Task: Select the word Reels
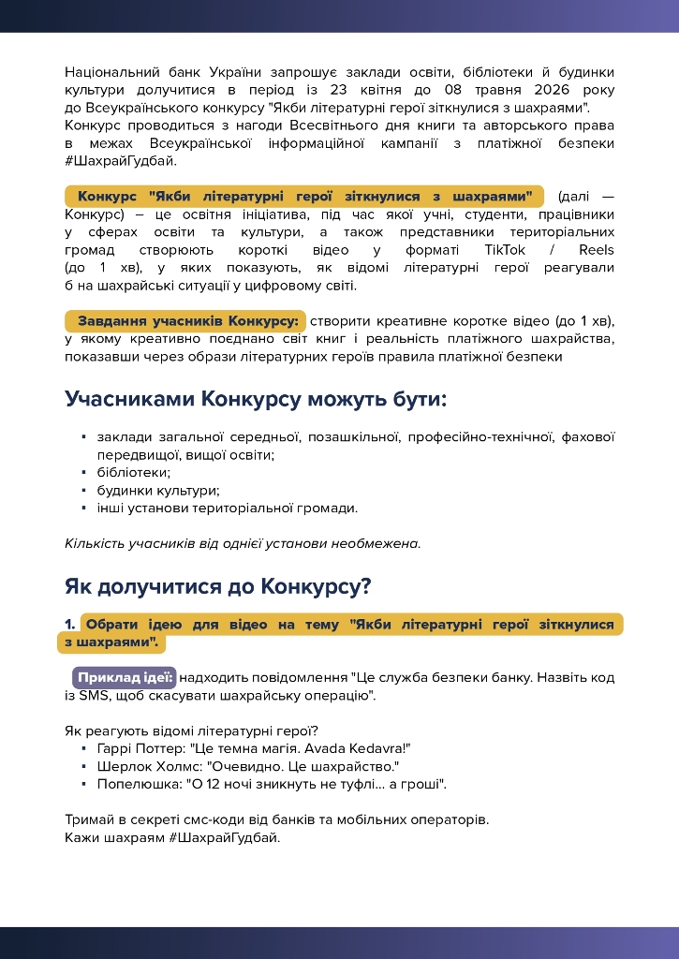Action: coord(597,250)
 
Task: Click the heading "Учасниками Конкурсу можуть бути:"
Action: coord(256,399)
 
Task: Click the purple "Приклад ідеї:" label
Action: coord(125,677)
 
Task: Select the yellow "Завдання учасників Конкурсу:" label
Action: coord(186,321)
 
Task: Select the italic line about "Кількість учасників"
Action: coord(243,543)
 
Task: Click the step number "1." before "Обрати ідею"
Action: coord(70,625)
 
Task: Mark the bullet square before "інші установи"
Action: coord(84,508)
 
